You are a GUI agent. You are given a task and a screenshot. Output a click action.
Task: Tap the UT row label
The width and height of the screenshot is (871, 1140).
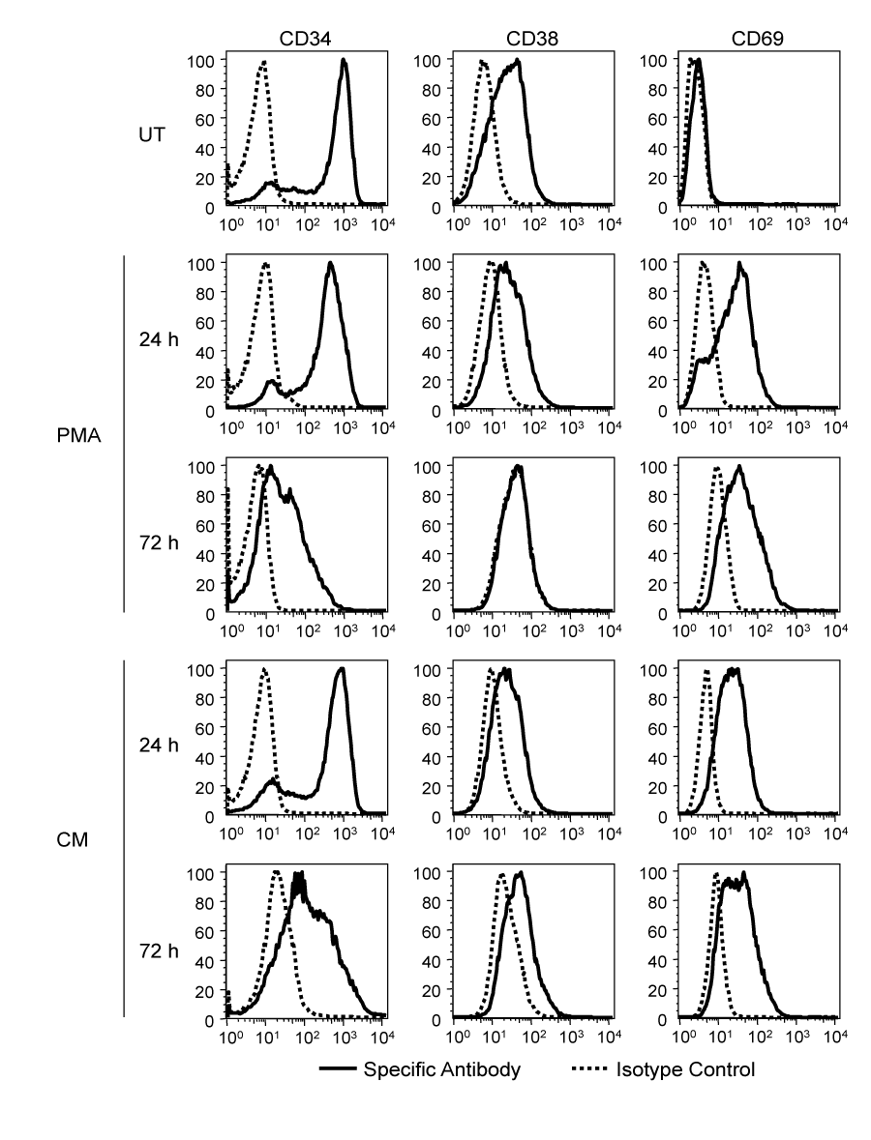150,134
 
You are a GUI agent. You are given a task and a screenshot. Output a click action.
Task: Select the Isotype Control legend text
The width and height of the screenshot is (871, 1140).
685,1069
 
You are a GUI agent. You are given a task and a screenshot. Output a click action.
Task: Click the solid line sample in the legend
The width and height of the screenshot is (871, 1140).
337,1070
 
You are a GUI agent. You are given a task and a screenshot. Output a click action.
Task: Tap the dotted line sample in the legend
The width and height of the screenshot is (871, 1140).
590,1070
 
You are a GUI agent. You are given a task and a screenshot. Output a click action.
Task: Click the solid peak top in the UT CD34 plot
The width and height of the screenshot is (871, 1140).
344,61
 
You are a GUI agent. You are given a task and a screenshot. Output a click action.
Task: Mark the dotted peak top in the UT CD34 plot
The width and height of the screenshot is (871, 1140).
263,63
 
